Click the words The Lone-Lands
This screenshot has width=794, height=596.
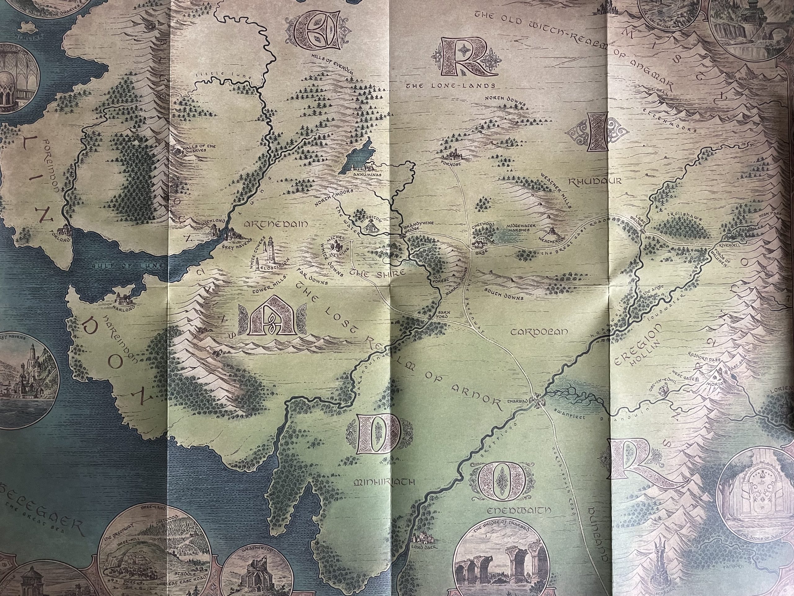pyautogui.click(x=450, y=86)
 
